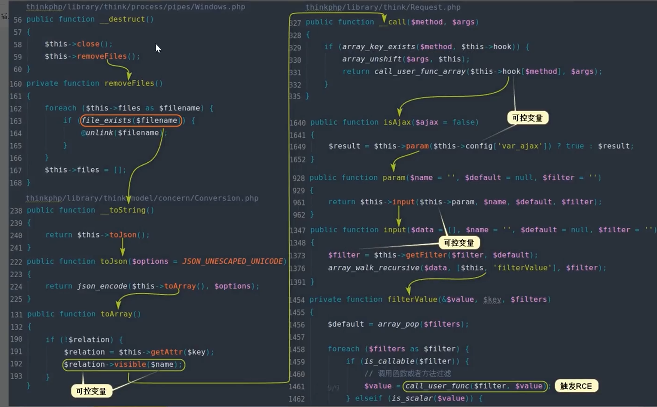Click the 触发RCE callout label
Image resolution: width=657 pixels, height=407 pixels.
pyautogui.click(x=576, y=386)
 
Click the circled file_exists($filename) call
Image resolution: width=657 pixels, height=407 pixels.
pyautogui.click(x=130, y=120)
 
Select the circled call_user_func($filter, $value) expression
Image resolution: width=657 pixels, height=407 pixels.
pyautogui.click(x=475, y=386)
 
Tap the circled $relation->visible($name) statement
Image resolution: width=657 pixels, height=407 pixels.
pyautogui.click(x=123, y=365)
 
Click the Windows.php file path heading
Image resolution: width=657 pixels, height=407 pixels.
pyautogui.click(x=135, y=7)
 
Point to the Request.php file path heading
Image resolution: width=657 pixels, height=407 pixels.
pyautogui.click(x=383, y=7)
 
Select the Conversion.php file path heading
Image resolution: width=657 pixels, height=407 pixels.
pyautogui.click(x=142, y=198)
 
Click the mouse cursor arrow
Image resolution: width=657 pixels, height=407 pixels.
pyautogui.click(x=158, y=48)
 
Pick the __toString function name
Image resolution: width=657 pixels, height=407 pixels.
pyautogui.click(x=128, y=210)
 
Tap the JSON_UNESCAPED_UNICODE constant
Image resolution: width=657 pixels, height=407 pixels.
pyautogui.click(x=232, y=261)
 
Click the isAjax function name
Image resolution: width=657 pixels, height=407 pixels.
pyautogui.click(x=397, y=122)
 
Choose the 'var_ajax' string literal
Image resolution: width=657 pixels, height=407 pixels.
pyautogui.click(x=520, y=146)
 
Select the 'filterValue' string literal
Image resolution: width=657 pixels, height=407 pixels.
pyautogui.click(x=522, y=268)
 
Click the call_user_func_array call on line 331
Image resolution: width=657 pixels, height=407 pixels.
pyautogui.click(x=419, y=71)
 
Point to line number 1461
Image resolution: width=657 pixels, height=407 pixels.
pyautogui.click(x=296, y=387)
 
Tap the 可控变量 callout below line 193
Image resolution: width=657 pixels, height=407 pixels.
pyautogui.click(x=91, y=391)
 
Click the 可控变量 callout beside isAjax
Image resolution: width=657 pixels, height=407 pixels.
pyautogui.click(x=527, y=118)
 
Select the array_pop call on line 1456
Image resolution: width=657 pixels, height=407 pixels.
pyautogui.click(x=398, y=324)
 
